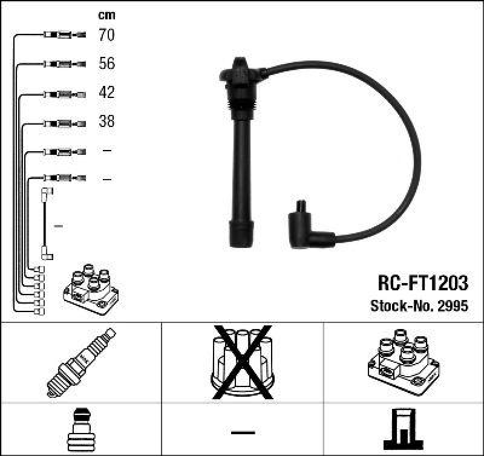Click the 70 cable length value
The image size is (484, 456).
(106, 35)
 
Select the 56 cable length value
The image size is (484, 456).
(106, 64)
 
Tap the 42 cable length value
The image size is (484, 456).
(106, 93)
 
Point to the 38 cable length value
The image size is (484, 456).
(106, 122)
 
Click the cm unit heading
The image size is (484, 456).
(106, 15)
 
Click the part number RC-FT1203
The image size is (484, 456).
(423, 283)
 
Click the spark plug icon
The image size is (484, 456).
(80, 362)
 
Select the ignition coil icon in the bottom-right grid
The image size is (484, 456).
(402, 361)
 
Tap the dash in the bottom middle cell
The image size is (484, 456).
(242, 432)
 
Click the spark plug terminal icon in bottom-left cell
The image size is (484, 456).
(80, 431)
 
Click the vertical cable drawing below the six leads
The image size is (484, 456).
(46, 224)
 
